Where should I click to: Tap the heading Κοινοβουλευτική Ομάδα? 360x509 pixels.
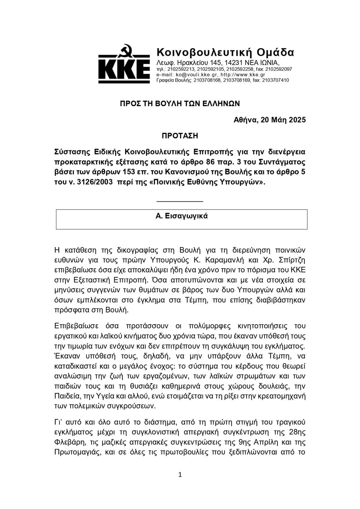click(225, 52)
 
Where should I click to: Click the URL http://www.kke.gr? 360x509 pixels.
click(243, 75)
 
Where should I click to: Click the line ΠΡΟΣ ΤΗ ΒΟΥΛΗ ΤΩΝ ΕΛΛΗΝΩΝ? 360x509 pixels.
click(180, 104)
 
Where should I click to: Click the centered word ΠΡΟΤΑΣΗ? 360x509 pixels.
click(180, 136)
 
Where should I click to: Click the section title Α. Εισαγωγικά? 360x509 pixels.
click(181, 216)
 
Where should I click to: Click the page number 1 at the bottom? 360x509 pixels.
click(180, 475)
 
